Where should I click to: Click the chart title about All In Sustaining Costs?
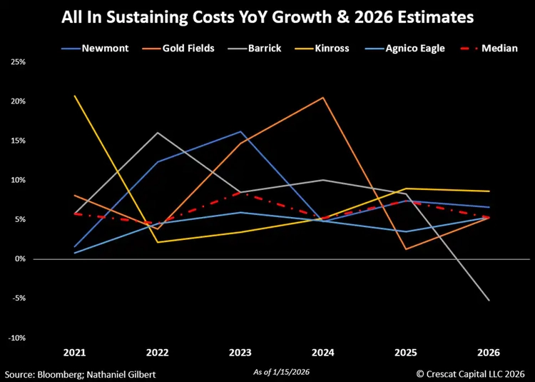pos(267,16)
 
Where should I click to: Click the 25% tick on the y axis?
pos(17,62)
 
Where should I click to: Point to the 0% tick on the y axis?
pos(19,259)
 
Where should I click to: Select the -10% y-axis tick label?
pos(16,338)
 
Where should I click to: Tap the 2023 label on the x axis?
pos(240,353)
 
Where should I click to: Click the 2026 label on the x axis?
pos(489,353)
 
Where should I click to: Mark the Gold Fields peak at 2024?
pos(323,97)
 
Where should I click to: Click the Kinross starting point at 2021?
pos(75,96)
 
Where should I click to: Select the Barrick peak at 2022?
pos(158,133)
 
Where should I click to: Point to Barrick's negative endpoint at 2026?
pos(489,301)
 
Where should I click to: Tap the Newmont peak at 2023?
pos(240,131)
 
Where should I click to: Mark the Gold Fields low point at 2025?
pos(406,249)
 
